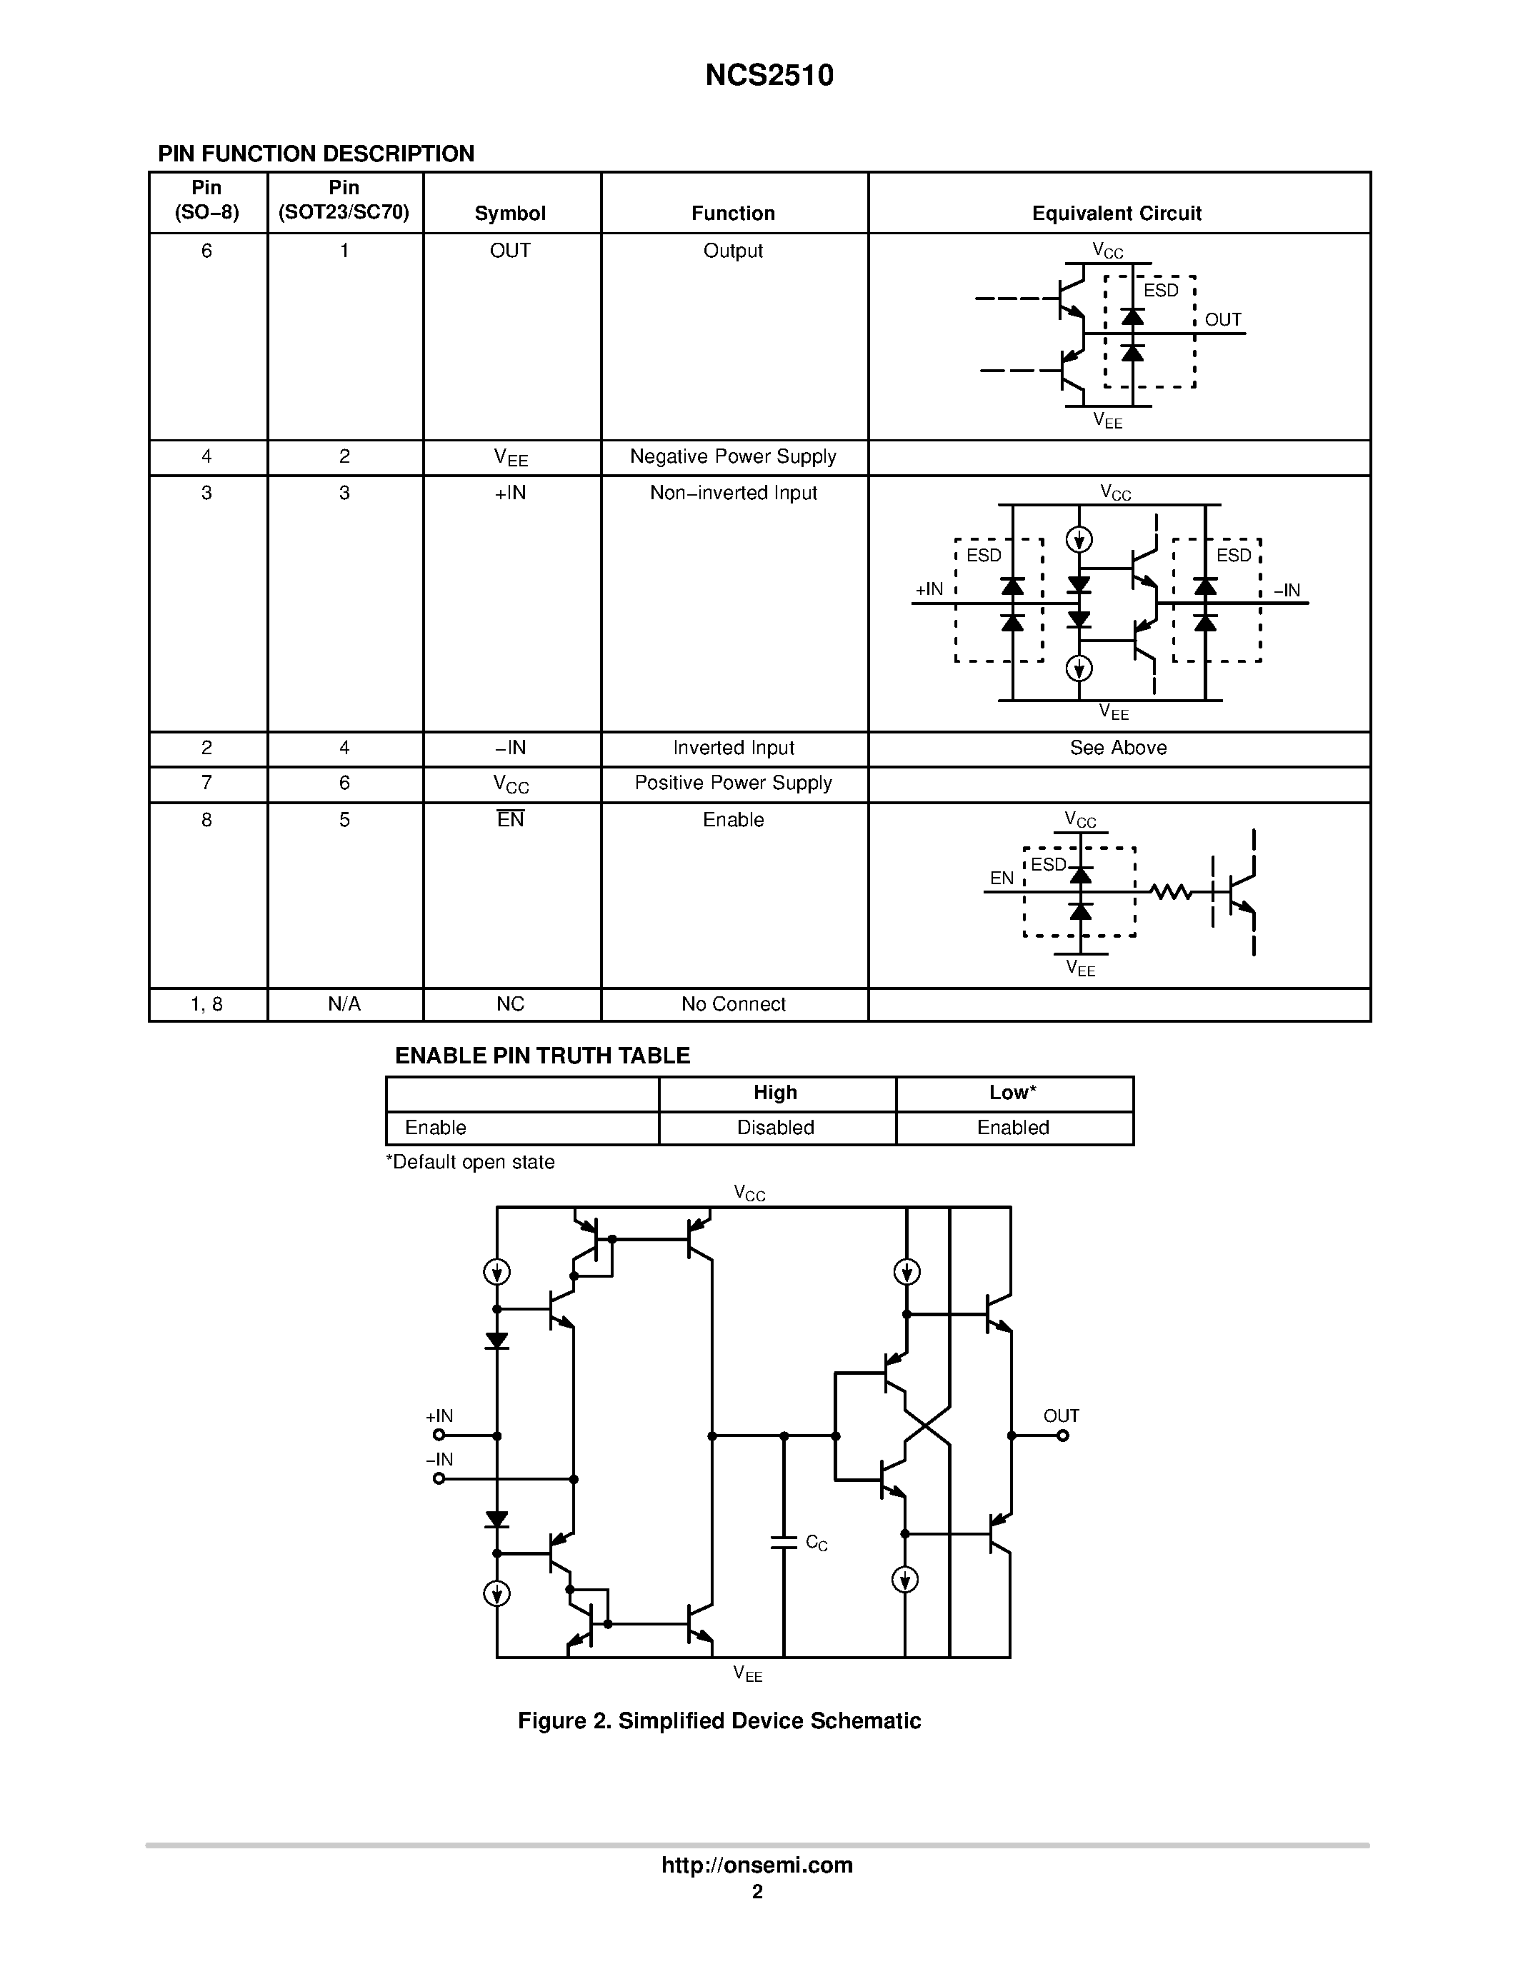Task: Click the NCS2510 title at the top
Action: [769, 75]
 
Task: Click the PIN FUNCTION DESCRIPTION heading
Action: [316, 154]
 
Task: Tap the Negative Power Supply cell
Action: [733, 457]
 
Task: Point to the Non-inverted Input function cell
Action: [733, 493]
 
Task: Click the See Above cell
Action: [1118, 748]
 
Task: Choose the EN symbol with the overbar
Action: [510, 819]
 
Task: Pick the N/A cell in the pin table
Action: [344, 1004]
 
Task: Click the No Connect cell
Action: [733, 1004]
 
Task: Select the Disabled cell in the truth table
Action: [775, 1128]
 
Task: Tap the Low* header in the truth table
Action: [1013, 1093]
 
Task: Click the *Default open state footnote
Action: [470, 1162]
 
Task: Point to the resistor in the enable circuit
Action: [1171, 892]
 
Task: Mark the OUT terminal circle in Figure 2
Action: [1063, 1436]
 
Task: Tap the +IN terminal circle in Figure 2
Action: [439, 1436]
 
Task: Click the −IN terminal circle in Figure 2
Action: [439, 1478]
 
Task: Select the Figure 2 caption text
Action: [719, 1720]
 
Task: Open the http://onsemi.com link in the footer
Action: [756, 1865]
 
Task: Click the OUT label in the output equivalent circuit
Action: [1222, 320]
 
